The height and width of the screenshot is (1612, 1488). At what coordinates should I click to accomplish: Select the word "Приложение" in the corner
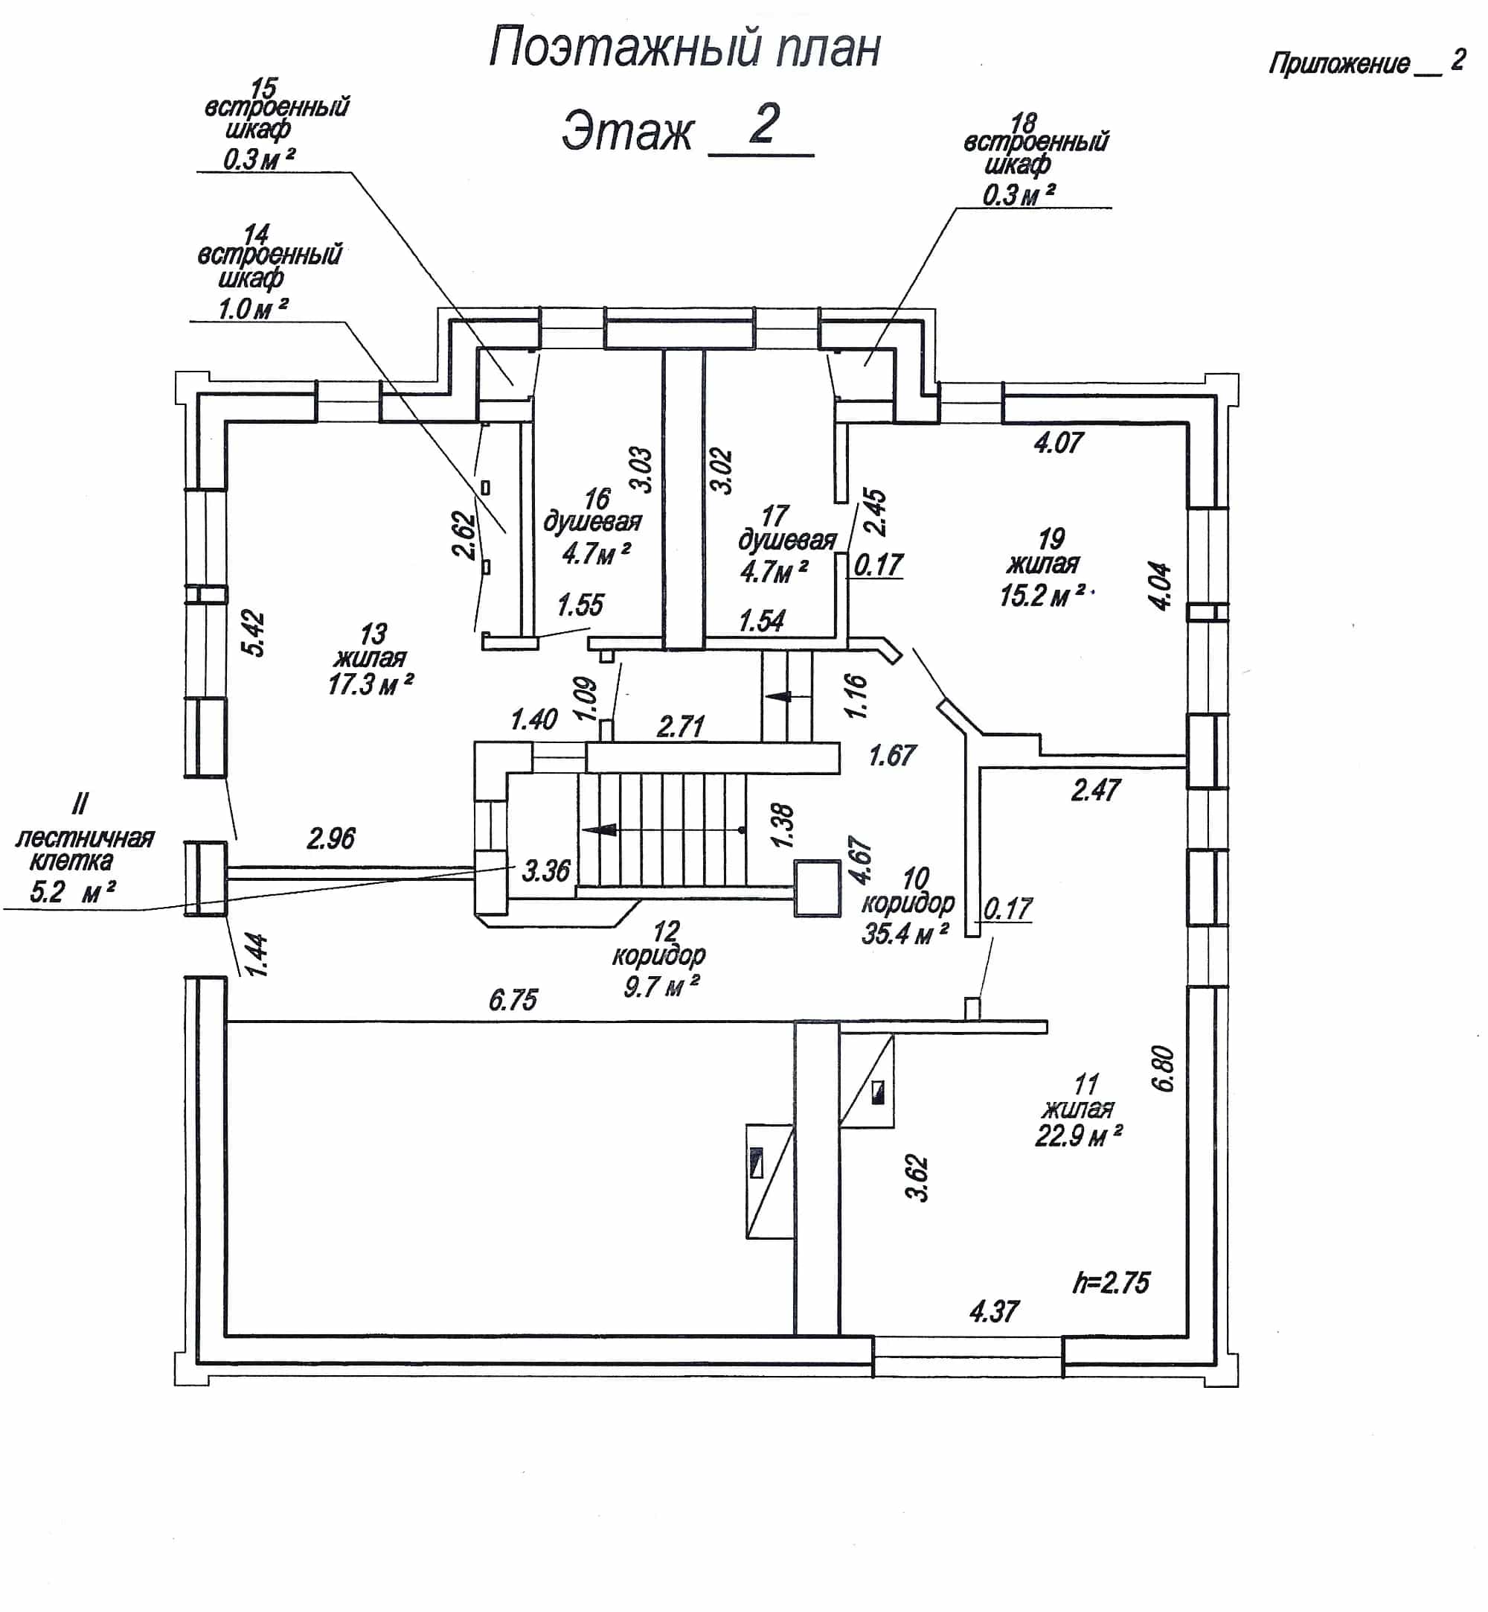point(1339,63)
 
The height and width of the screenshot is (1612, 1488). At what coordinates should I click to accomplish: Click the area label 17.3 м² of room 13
point(371,685)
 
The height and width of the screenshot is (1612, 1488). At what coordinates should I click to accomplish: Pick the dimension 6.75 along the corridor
point(513,1001)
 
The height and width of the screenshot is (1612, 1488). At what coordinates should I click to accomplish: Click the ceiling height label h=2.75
point(1112,1282)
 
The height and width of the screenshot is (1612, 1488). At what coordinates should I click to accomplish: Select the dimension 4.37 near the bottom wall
point(995,1311)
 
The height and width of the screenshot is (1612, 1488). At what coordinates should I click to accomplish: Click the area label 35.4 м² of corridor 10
point(905,934)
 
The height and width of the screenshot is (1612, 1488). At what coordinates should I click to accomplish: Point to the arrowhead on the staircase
point(599,829)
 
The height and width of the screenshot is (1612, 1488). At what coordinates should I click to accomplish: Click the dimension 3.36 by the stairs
point(546,871)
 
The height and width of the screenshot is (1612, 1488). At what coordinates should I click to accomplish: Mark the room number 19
point(1051,538)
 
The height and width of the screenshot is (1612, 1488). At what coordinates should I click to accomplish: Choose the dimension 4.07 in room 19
point(1059,442)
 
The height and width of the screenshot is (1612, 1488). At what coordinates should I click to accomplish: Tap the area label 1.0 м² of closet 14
point(253,308)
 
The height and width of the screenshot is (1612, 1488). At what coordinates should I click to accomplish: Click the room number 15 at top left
point(263,87)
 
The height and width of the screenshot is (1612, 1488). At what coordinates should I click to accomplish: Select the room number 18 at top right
point(1024,124)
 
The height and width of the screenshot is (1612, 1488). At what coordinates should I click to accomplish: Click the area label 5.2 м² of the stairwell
point(72,893)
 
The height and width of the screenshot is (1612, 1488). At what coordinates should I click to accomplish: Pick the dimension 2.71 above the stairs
point(682,727)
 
